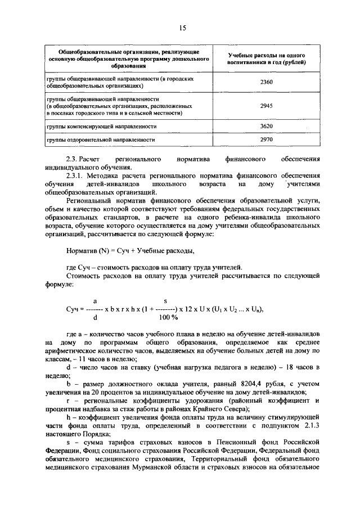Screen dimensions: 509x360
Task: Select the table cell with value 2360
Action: (x=267, y=83)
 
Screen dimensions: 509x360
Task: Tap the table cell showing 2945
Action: (x=267, y=105)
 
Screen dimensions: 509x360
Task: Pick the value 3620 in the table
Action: (x=267, y=127)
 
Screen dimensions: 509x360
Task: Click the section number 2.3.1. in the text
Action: (x=76, y=175)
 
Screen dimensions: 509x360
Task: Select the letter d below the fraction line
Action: (x=95, y=317)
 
